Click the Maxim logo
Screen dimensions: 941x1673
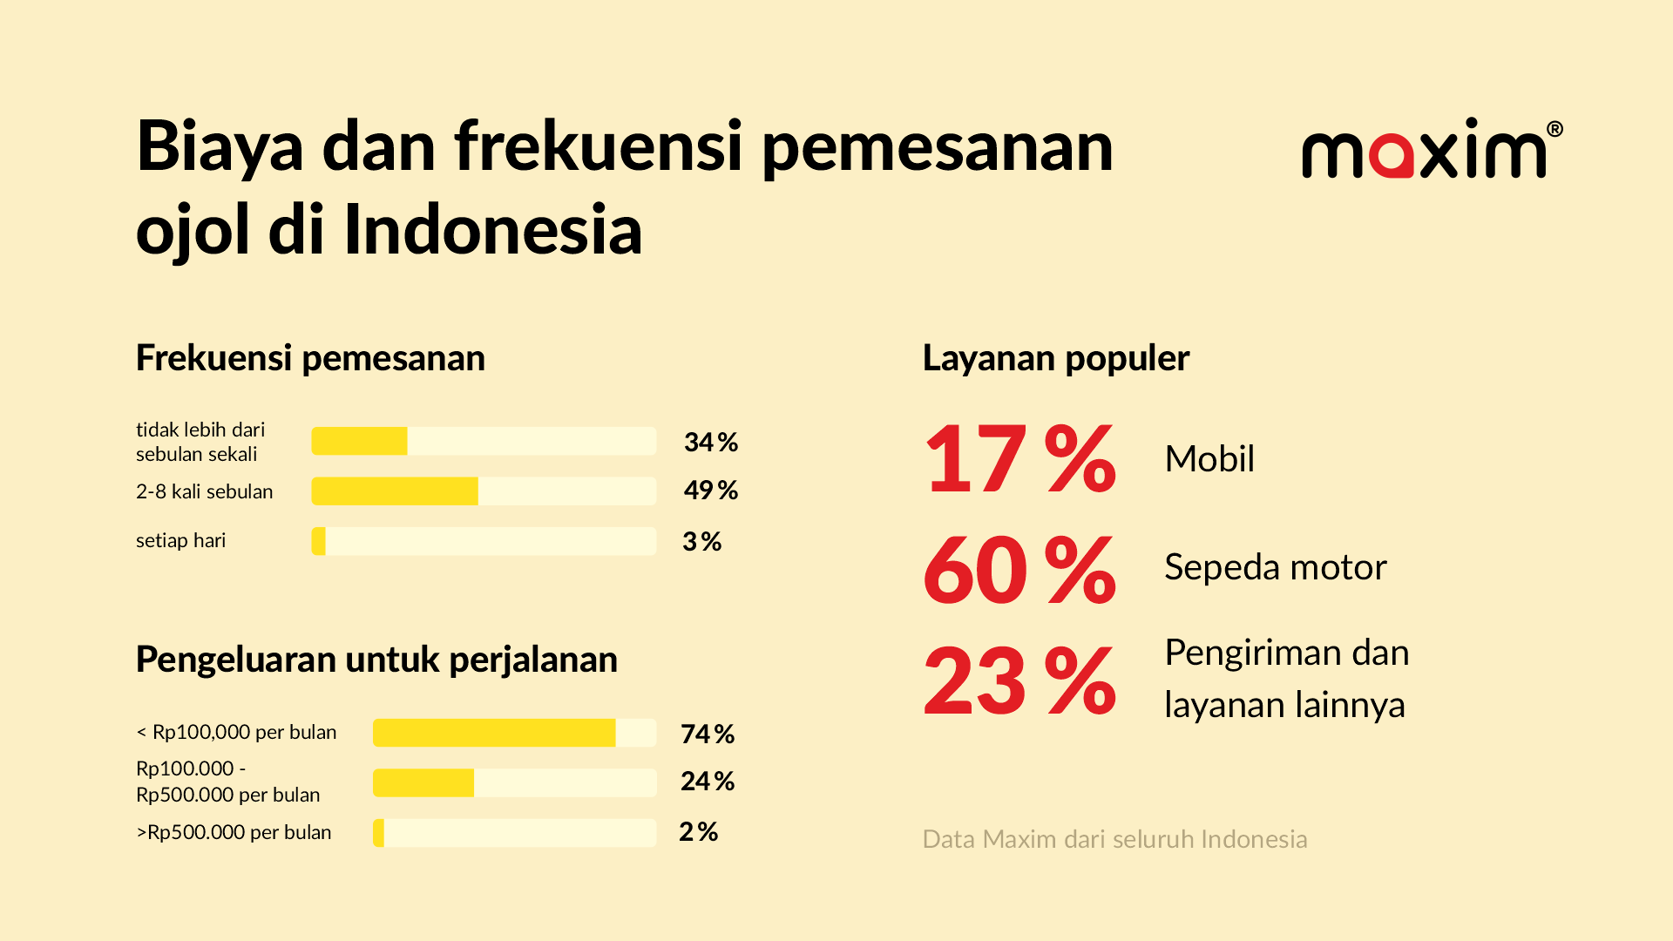click(1432, 149)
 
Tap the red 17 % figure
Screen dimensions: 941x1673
click(1019, 459)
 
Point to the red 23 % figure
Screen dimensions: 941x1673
click(1019, 680)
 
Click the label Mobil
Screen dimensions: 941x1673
click(1209, 459)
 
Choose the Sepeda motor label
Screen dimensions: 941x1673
click(1275, 567)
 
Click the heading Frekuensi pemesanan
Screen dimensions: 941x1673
click(310, 358)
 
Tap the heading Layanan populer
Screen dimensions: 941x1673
click(1055, 358)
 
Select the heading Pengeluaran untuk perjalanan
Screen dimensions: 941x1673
click(376, 660)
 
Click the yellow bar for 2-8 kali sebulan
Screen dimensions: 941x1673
click(395, 491)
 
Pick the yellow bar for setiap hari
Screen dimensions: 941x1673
click(319, 541)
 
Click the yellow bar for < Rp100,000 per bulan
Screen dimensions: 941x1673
click(494, 733)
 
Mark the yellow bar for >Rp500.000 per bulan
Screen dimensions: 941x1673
click(379, 833)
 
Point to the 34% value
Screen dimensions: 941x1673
click(711, 443)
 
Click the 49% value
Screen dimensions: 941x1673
click(711, 491)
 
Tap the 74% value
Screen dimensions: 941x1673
click(708, 735)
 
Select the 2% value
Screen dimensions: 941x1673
click(699, 832)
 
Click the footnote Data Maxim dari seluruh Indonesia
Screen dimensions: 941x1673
click(1114, 839)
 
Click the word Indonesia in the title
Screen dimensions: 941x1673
click(493, 230)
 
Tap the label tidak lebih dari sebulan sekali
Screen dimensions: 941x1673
click(200, 442)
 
